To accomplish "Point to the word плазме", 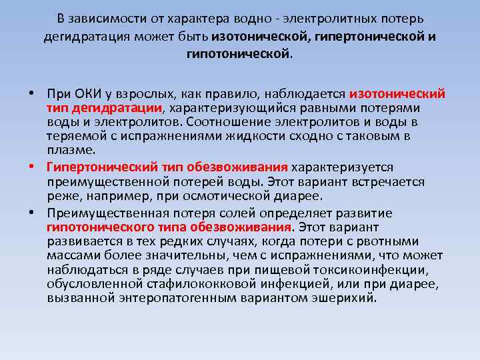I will (67, 149).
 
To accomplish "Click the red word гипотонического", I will (99, 227).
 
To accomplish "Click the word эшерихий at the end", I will (349, 298).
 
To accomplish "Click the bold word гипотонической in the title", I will (239, 53).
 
